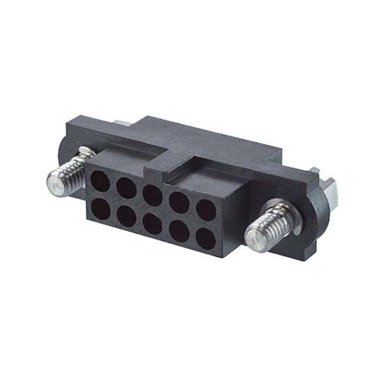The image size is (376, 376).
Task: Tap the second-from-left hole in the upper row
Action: pyautogui.click(x=126, y=188)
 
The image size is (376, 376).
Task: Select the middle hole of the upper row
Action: pyautogui.click(x=152, y=195)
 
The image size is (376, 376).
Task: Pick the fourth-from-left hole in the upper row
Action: pyautogui.click(x=179, y=203)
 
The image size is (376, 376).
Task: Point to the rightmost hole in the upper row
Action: pyautogui.click(x=206, y=210)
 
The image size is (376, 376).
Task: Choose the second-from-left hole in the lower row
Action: pyautogui.click(x=126, y=217)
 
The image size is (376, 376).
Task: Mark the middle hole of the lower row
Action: pyautogui.click(x=153, y=224)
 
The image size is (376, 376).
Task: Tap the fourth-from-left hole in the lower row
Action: pyautogui.click(x=180, y=232)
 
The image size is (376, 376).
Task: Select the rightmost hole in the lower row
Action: pyautogui.click(x=206, y=240)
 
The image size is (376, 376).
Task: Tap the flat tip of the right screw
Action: pyautogui.click(x=254, y=240)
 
